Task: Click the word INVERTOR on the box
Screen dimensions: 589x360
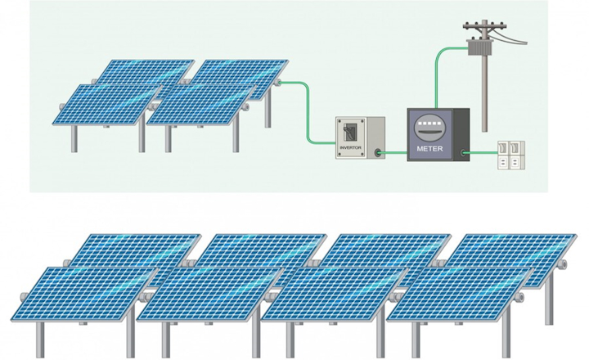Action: coord(350,148)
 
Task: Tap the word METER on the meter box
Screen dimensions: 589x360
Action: coord(429,149)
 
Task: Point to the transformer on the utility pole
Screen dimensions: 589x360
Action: coord(479,47)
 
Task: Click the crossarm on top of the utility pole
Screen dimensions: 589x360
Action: coord(485,26)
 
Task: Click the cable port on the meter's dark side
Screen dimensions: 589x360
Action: coord(463,152)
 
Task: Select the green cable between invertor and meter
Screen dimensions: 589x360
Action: coord(394,152)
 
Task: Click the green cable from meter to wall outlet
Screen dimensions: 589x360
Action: coord(483,152)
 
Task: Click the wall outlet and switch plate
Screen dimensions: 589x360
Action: coord(511,155)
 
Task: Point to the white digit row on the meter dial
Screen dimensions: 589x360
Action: coord(429,123)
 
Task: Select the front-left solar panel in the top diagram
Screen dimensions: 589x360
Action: coord(106,104)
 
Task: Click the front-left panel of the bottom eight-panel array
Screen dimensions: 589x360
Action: coord(84,294)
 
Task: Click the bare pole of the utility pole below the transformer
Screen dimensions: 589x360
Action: coord(485,94)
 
